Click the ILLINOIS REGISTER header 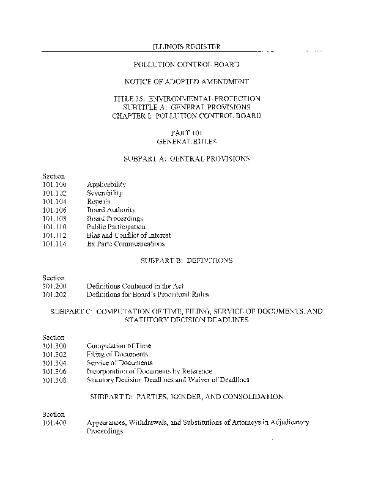click(x=187, y=47)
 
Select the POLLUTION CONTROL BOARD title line click(x=187, y=64)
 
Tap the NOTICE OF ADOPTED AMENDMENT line click(x=187, y=81)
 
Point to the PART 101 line click(x=187, y=133)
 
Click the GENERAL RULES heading click(x=187, y=141)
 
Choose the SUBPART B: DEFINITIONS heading click(x=187, y=260)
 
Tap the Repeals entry click(x=98, y=201)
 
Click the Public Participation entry click(x=116, y=227)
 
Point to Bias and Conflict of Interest click(x=128, y=235)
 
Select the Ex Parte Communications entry click(x=125, y=244)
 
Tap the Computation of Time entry click(x=119, y=345)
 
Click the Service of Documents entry click(x=119, y=362)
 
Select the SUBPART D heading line click(x=187, y=397)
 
